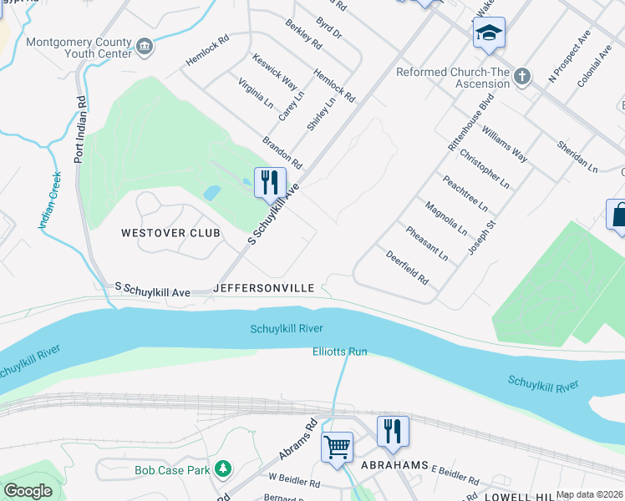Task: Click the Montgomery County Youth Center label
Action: tap(79, 48)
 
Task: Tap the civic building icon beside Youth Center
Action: tap(145, 45)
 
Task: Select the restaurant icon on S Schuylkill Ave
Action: tap(270, 182)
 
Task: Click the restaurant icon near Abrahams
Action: tap(393, 432)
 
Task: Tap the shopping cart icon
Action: tap(338, 446)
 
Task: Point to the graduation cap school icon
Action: tap(489, 34)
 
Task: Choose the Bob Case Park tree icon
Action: tap(222, 470)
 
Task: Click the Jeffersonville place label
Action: tap(264, 288)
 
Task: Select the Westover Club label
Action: tap(170, 233)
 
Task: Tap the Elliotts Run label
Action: tap(340, 352)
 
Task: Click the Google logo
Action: tap(28, 491)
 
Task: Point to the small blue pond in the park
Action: tap(212, 193)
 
